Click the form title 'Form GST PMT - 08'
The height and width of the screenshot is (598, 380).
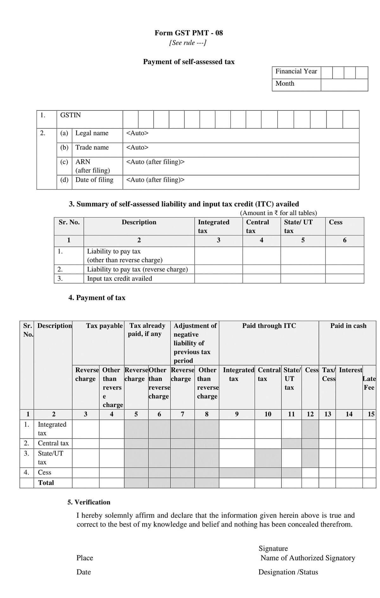point(189,33)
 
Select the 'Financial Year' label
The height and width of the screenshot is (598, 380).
point(296,71)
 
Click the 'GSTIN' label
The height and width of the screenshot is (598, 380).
point(70,115)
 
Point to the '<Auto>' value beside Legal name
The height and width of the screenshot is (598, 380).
point(137,133)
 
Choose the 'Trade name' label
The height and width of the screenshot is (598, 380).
point(92,148)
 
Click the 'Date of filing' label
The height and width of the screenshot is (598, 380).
point(94,180)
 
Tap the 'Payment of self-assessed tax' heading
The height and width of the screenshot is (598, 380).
point(189,62)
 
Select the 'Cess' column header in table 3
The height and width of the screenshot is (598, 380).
point(336,222)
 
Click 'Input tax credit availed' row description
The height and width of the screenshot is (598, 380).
point(119,279)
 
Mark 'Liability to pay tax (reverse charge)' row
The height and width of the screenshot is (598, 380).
point(137,269)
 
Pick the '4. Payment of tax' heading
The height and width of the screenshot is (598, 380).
point(97,298)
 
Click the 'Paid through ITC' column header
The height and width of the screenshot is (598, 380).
point(269,326)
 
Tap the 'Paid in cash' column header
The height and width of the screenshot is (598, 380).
point(348,326)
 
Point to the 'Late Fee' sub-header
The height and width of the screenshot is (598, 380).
point(369,383)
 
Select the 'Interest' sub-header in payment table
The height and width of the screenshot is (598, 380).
point(350,370)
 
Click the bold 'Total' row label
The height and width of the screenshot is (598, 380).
point(46,483)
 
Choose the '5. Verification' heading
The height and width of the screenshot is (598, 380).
point(89,502)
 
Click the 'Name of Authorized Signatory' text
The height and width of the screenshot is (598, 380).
point(307,558)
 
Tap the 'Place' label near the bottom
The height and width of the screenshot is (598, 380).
point(85,558)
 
